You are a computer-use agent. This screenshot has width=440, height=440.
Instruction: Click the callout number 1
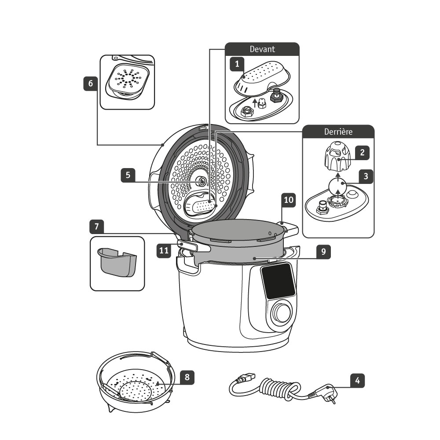tap(237, 65)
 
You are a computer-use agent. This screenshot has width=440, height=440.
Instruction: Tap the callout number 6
tap(91, 84)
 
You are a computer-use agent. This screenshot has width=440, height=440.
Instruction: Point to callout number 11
tap(164, 251)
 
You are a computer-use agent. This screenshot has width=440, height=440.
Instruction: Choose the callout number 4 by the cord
tap(357, 380)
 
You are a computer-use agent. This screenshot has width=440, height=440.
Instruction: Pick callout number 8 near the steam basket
tap(187, 377)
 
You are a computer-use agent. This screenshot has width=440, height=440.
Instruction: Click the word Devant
tap(262, 49)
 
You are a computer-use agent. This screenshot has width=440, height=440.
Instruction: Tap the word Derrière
tap(338, 131)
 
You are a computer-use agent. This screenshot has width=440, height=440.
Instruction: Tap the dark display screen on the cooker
tap(278, 280)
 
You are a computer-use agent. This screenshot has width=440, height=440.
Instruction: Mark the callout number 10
tap(289, 199)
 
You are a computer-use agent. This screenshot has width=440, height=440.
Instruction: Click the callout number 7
tap(96, 227)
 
